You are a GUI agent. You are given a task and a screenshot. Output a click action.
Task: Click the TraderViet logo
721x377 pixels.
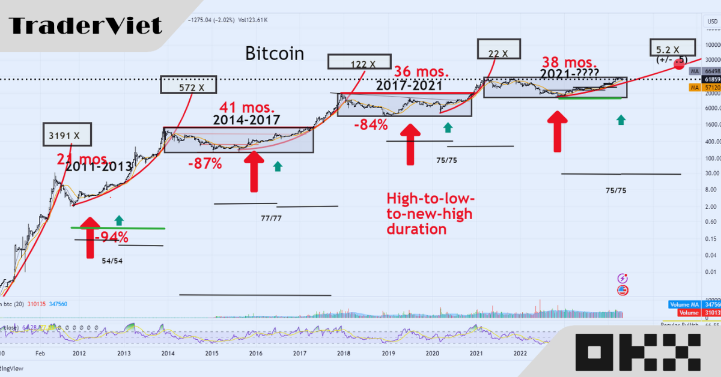[x=85, y=26]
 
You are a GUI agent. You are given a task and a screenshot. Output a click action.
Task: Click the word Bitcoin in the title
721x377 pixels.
[x=275, y=53]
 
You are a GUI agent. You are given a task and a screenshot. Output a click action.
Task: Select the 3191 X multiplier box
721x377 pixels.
[x=67, y=135]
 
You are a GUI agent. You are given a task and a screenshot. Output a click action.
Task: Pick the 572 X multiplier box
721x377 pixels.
[x=188, y=85]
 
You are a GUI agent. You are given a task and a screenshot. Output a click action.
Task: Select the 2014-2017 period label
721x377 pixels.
[x=247, y=119]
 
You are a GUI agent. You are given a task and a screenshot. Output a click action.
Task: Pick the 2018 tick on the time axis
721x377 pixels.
[x=344, y=354]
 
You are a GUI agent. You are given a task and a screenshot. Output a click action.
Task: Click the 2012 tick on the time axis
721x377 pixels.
[x=79, y=354]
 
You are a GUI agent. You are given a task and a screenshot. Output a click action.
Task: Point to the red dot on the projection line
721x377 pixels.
[x=678, y=64]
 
